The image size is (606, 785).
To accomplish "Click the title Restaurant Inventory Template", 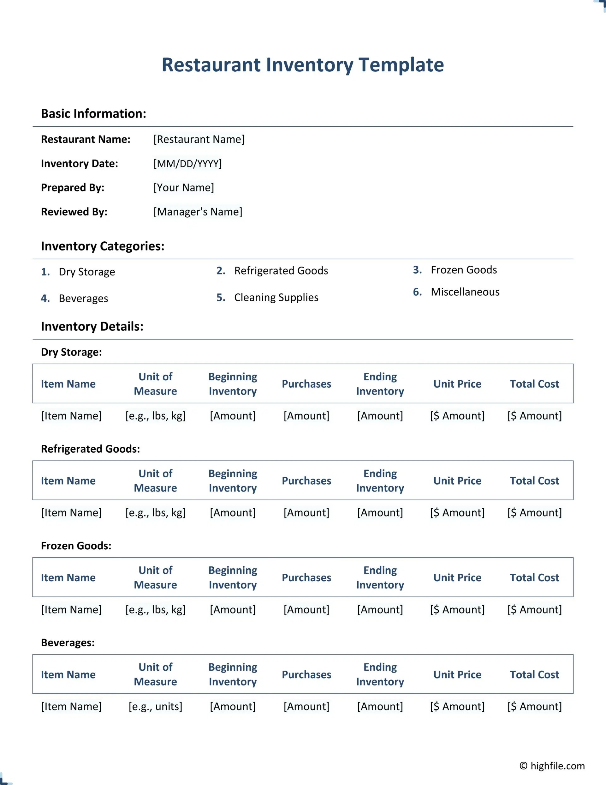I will click(302, 65).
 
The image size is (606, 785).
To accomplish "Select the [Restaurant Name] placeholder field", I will click(199, 139).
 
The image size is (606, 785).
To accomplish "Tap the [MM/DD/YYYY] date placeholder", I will click(187, 164).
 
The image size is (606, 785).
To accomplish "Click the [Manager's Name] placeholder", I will click(198, 212).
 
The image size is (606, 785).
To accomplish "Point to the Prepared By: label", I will click(72, 188).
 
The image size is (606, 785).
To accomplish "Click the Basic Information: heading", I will click(93, 114).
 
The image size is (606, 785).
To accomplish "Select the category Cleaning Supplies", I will click(276, 297).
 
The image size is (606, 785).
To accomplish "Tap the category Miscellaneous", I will click(465, 292).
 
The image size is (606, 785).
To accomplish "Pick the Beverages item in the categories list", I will click(83, 298).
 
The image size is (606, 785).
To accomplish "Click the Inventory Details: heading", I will click(92, 326).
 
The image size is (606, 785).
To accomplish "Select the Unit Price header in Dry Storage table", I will click(457, 384).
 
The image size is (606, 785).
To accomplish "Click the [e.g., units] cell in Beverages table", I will click(155, 706).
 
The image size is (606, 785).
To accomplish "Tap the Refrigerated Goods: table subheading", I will click(90, 449).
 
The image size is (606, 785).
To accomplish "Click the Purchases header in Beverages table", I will click(306, 675).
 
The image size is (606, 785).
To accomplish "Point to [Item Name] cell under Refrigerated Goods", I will click(71, 513).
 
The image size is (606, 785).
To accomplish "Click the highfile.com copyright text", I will click(552, 766).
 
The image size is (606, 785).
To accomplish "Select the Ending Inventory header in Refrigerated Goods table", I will click(380, 480).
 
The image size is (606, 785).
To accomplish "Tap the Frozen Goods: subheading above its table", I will click(76, 546).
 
